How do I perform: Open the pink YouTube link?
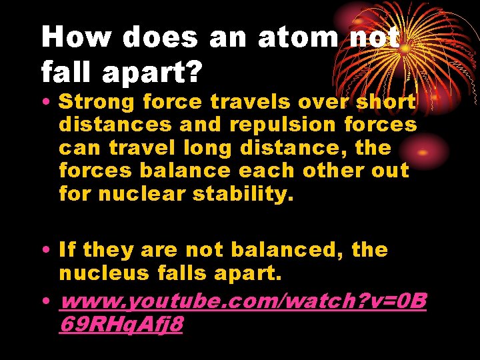pyautogui.click(x=243, y=303)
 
